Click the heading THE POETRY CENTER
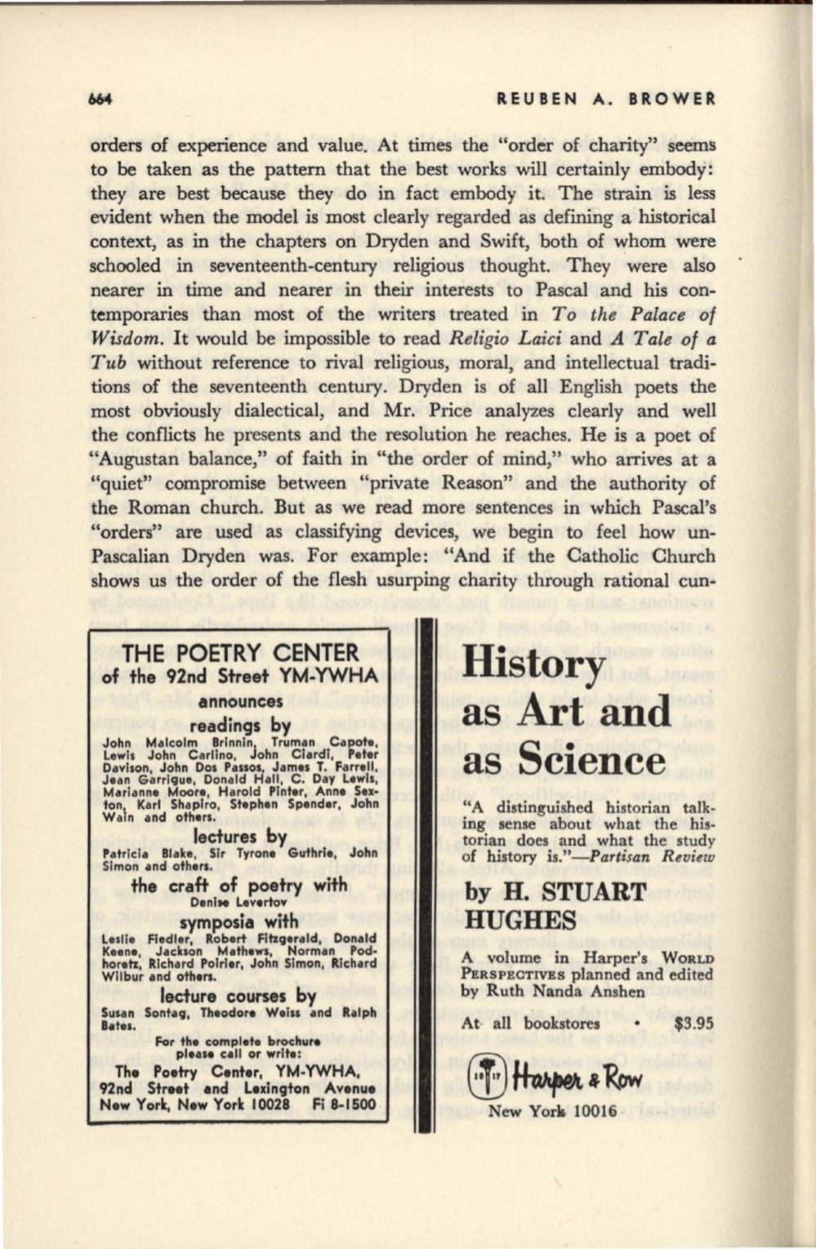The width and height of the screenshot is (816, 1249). click(x=239, y=652)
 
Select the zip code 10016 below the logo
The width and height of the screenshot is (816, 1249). click(x=588, y=1111)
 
